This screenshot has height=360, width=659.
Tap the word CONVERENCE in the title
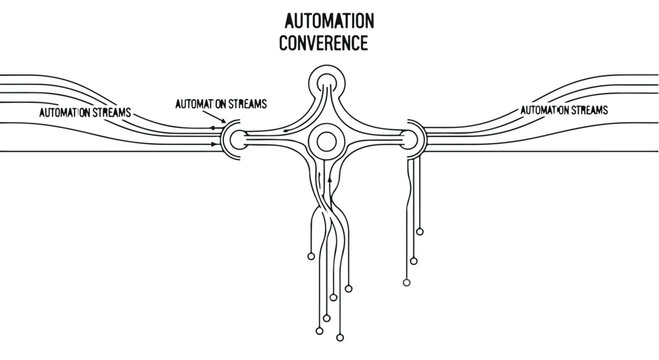point(326,44)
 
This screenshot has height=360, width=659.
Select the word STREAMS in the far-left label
point(109,112)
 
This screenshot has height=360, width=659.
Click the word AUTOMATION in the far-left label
point(63,112)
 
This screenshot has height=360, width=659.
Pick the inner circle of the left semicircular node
point(234,137)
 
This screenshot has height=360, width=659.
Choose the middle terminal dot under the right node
point(411,262)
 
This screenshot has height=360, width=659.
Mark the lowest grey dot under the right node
point(405,283)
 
